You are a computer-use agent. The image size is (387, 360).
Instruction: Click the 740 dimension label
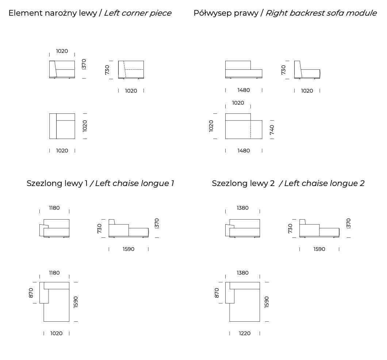[272, 129]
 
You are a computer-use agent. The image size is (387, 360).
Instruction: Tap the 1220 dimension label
[245, 333]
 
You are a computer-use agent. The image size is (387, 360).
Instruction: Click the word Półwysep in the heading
[209, 13]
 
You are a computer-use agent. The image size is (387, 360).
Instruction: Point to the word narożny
[60, 13]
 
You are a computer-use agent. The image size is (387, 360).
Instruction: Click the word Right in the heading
[276, 13]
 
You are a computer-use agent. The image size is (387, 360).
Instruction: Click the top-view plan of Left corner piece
[62, 126]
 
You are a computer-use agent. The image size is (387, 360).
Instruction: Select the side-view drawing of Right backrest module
[307, 70]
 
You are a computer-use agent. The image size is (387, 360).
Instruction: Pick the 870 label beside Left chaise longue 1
[31, 293]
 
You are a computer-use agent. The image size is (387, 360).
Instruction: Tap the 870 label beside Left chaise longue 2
[217, 293]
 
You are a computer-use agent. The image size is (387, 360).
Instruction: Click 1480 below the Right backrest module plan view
[244, 151]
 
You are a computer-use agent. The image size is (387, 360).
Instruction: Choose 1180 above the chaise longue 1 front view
[54, 208]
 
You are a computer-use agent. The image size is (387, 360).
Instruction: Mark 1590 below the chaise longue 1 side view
[128, 249]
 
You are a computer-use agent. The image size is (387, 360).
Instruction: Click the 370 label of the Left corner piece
[84, 64]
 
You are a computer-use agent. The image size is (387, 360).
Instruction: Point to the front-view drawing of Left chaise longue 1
[54, 228]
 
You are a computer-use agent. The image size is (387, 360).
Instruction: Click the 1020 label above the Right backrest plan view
[238, 103]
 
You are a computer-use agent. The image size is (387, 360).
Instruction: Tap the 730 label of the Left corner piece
[107, 70]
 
